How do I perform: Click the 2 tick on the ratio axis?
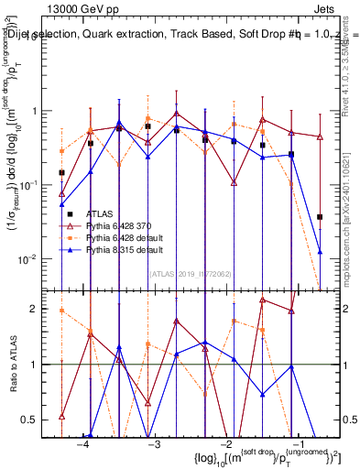[41, 309]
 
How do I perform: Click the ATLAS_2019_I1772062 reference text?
[191, 274]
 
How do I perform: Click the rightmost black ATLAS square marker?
[320, 217]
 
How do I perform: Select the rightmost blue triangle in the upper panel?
[320, 251]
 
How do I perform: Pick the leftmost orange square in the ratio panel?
[61, 311]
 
